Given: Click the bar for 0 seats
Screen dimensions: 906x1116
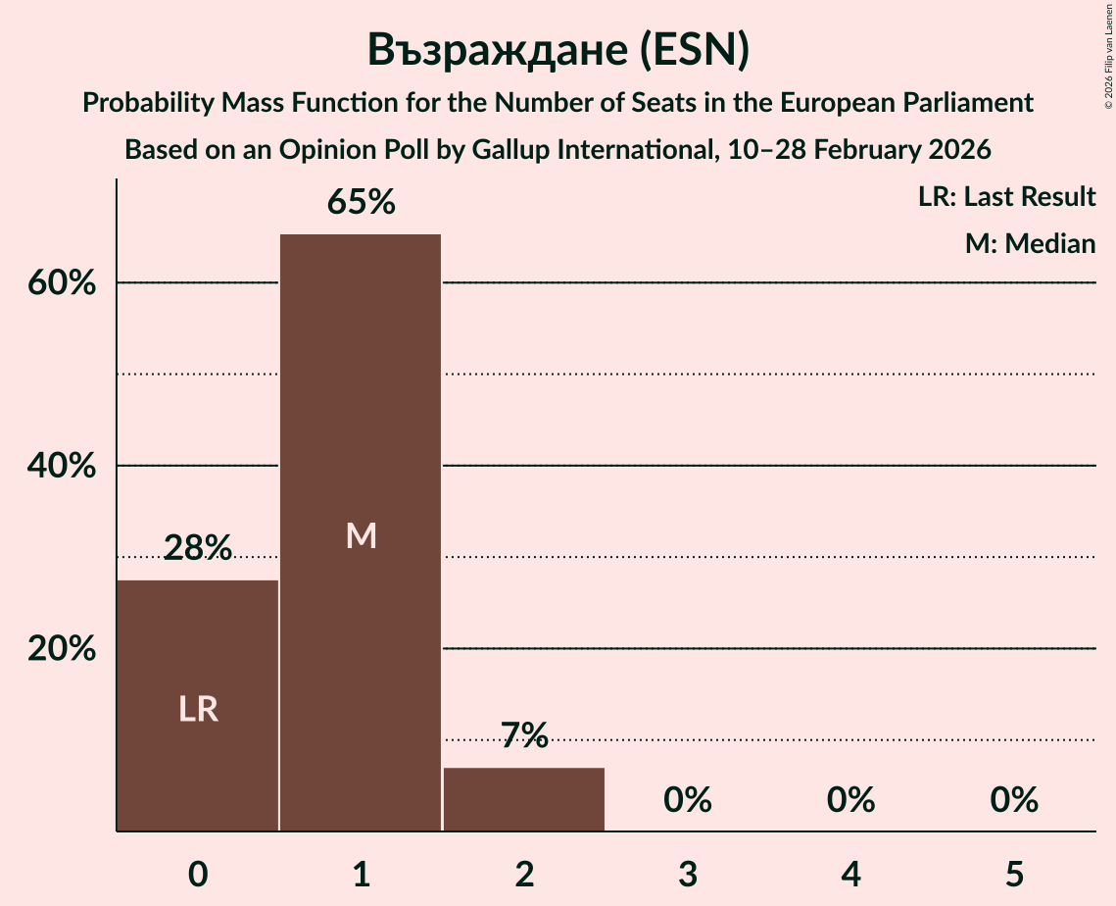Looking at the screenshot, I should pos(198,705).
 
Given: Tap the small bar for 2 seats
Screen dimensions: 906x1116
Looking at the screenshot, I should pos(524,799).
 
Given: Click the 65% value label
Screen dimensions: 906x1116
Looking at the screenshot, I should pos(361,203).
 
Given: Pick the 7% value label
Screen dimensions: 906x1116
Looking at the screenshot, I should pos(524,735).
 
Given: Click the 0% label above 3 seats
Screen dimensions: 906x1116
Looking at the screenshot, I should pos(687,800).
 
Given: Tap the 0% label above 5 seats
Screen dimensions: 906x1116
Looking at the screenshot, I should pos(1013,800).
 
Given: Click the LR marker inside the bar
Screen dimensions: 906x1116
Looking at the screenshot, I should pos(198,709).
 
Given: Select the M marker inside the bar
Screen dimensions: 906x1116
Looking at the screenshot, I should pos(361,535).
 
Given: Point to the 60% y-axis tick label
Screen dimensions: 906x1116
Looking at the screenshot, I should pos(61,283).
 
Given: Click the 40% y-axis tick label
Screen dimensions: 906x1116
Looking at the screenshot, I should pos(61,467).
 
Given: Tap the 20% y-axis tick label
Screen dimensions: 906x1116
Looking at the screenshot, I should pos(61,649).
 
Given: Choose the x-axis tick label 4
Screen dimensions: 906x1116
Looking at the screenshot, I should pos(850,874).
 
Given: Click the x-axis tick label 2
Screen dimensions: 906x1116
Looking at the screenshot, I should pos(524,874).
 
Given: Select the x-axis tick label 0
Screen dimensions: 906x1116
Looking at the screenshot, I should pos(198,874).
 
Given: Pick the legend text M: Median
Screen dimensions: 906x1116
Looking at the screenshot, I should pos(1030,243).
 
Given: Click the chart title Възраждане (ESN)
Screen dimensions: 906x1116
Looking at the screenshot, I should pos(558,50).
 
